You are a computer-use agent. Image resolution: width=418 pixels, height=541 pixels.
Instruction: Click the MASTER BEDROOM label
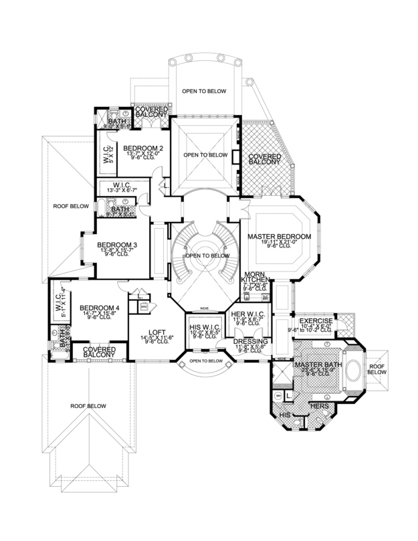click(x=279, y=237)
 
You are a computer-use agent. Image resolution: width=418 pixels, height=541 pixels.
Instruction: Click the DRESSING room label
click(x=251, y=341)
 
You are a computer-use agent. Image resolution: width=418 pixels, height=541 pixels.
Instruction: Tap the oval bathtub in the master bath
click(x=354, y=375)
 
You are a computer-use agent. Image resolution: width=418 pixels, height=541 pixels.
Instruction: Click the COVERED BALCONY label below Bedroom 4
click(x=98, y=352)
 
